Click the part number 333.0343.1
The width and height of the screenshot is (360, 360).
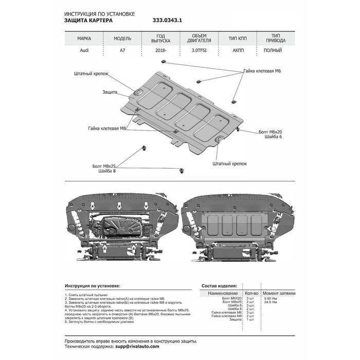[168, 21]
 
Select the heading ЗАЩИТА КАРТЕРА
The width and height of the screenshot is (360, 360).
[93, 21]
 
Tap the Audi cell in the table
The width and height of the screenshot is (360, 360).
[84, 50]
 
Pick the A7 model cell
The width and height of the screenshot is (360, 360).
[121, 50]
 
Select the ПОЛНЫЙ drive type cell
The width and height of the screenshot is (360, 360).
[272, 50]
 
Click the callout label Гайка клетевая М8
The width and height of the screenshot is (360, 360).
[106, 128]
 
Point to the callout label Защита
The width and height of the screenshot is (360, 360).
[110, 92]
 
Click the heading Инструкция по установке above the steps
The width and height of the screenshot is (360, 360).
[93, 285]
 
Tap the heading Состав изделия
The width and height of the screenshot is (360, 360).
[219, 285]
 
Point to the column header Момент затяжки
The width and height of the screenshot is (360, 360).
[279, 293]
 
